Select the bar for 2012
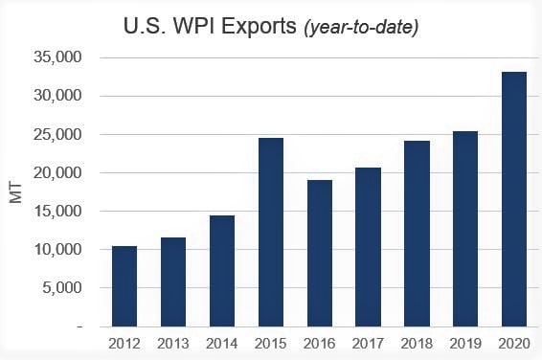(124, 286)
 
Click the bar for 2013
(173, 281)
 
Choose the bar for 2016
(320, 254)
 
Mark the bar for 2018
(418, 234)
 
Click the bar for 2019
(466, 229)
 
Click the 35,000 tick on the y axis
(59, 58)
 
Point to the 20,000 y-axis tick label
(59, 173)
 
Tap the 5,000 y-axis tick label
(63, 288)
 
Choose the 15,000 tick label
(59, 212)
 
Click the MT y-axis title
(15, 191)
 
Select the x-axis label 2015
(271, 343)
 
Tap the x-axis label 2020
(515, 343)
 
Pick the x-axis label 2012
(124, 343)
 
